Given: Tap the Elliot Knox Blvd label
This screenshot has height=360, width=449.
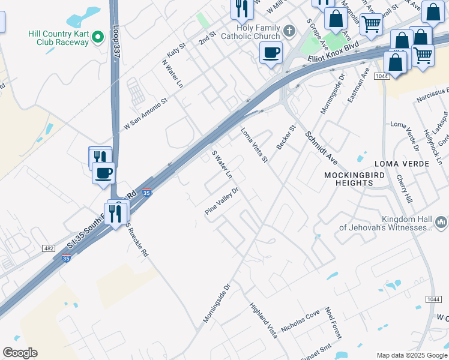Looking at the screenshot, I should coord(333,53).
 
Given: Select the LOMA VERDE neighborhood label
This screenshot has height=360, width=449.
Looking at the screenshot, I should coord(399,163).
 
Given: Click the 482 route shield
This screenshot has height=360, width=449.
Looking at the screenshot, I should coord(49,248).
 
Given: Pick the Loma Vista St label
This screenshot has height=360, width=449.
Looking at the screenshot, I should coord(253,145).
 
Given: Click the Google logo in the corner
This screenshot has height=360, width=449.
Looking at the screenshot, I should coord(20,353).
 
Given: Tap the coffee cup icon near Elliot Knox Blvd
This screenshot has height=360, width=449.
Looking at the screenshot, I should coord(271,53).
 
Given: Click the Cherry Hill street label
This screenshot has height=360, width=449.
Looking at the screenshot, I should coord(404,189).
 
